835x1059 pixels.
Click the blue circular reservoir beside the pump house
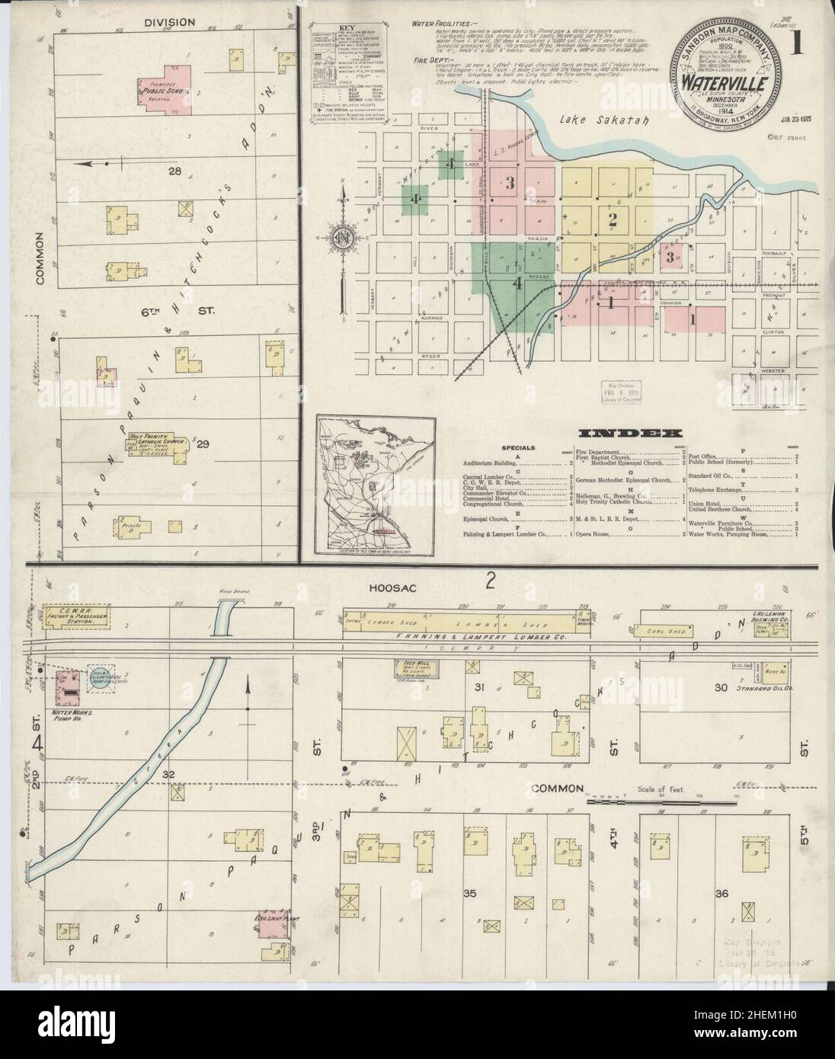click(103, 675)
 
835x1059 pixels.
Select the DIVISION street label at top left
click(169, 23)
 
